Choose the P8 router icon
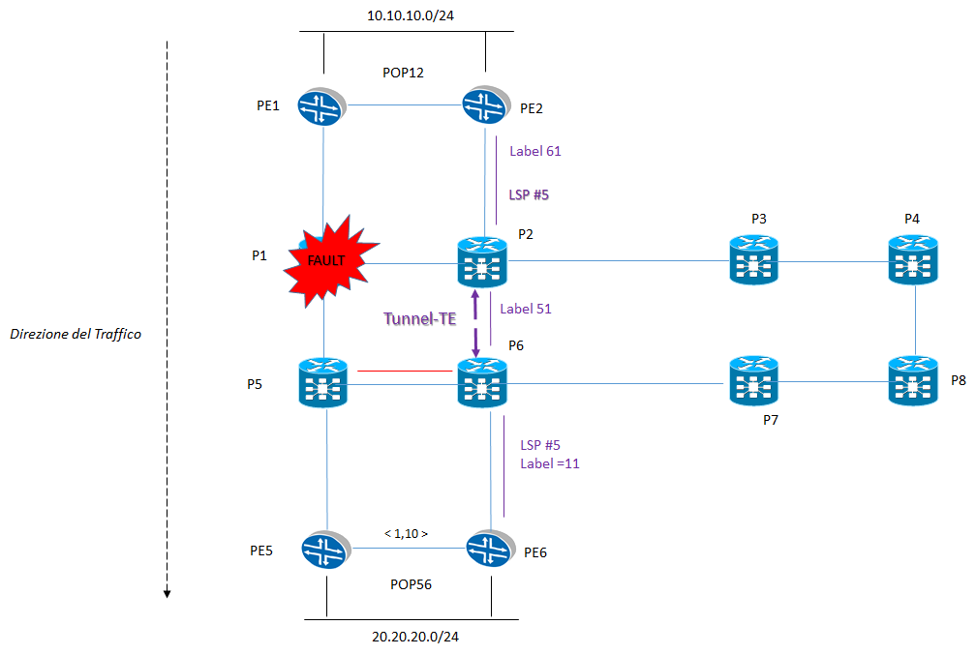913,382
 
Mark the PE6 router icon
490,550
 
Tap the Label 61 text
534,151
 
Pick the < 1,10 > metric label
407,532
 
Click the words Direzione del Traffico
76,334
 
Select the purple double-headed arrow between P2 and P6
475,326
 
